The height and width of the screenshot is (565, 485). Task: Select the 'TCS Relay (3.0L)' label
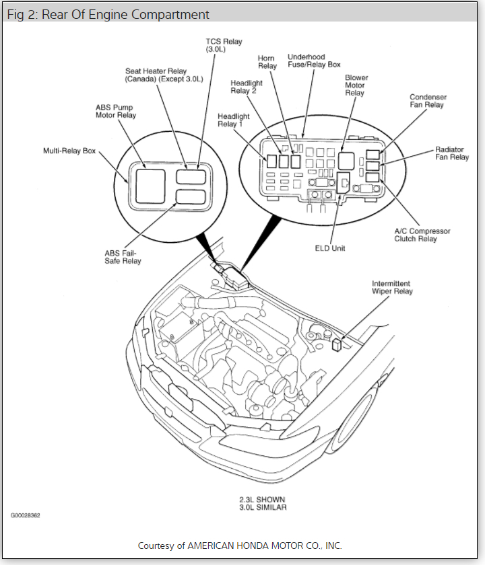224,46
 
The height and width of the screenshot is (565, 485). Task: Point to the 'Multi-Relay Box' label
69,151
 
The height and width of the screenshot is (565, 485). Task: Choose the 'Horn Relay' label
267,63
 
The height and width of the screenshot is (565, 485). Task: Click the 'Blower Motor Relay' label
356,85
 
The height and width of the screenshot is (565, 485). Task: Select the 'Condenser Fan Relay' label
428,101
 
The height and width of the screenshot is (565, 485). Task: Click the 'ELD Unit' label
330,248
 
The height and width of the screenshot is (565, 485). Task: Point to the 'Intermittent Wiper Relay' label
392,287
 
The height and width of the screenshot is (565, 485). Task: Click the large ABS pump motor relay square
150,186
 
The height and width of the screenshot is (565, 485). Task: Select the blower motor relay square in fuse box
346,160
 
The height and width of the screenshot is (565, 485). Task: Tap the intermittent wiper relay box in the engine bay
337,344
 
